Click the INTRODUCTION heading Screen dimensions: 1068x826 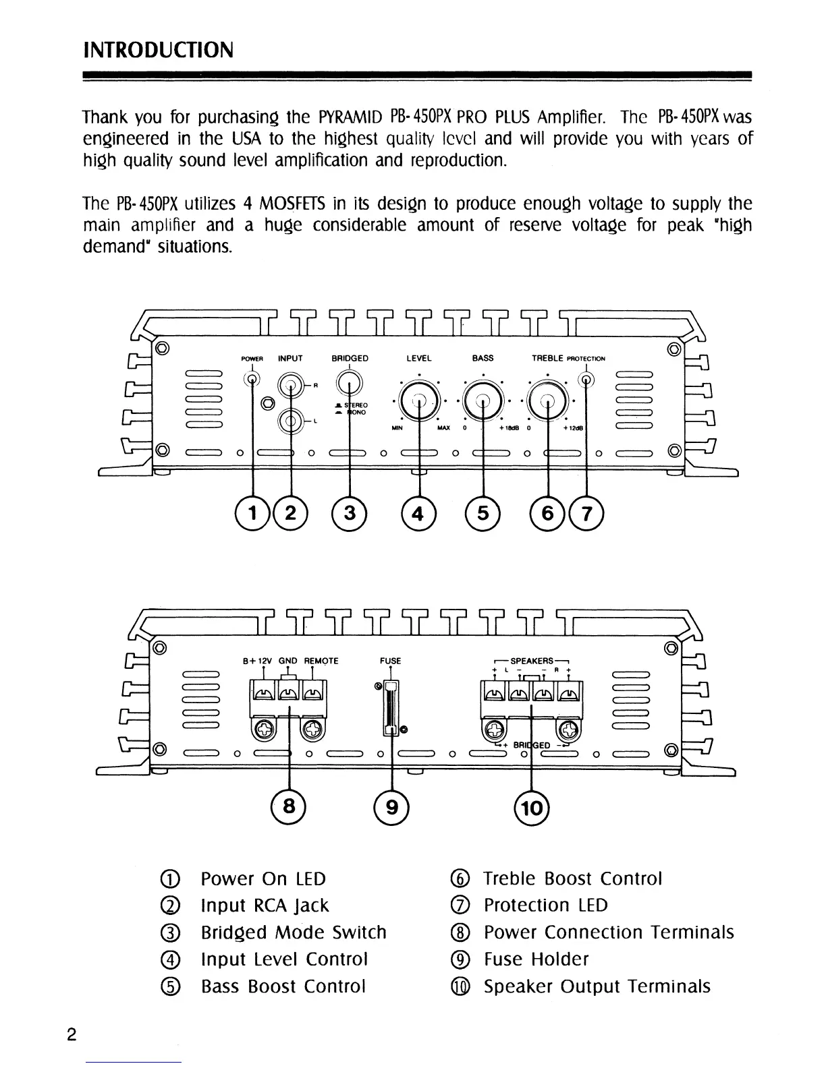click(159, 50)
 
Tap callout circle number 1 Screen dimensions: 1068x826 click(253, 514)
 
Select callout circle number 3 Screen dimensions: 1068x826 click(349, 514)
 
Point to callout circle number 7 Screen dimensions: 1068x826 click(586, 514)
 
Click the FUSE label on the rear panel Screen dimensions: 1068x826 click(390, 661)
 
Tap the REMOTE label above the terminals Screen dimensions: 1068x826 click(321, 661)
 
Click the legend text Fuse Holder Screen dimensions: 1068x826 click(536, 959)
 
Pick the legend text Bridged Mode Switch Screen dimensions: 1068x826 click(294, 932)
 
